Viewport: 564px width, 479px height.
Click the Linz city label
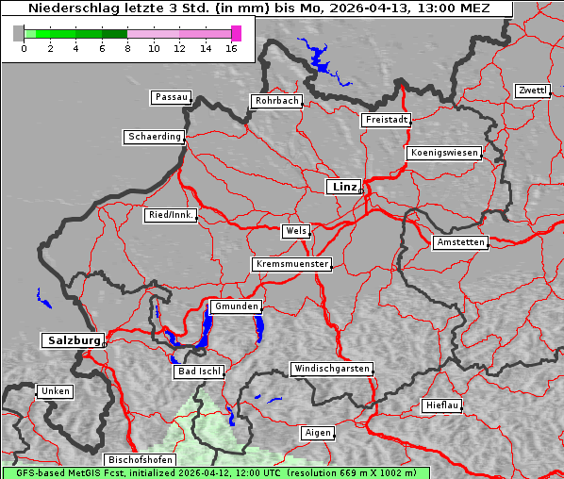(x=343, y=187)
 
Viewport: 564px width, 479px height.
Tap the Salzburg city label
(x=72, y=340)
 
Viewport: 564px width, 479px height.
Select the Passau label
(x=171, y=97)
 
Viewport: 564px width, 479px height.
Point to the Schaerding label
(x=154, y=137)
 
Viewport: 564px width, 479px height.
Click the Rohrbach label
(x=275, y=101)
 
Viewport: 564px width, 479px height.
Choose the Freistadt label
(x=386, y=120)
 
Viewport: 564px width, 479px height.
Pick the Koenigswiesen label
(x=443, y=153)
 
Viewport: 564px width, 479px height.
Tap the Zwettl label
(x=532, y=91)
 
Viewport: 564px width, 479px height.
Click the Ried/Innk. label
(x=171, y=215)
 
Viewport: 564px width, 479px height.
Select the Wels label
(x=295, y=231)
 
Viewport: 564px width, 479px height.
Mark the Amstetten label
(x=460, y=242)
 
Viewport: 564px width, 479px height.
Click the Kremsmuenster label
(x=291, y=264)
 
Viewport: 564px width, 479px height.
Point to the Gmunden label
(x=235, y=306)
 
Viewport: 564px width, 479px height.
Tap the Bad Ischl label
(x=198, y=372)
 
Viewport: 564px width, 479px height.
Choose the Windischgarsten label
(x=330, y=369)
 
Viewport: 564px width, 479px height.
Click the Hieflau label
(x=442, y=405)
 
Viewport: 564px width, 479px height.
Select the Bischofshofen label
(x=139, y=460)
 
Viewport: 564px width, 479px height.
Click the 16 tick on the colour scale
(x=231, y=48)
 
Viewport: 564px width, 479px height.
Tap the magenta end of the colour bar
(x=236, y=33)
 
